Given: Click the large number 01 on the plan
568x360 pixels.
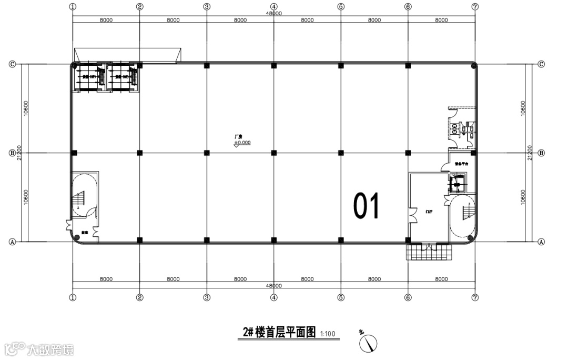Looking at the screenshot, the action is tap(367, 206).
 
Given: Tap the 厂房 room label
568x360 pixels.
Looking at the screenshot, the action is tap(238, 137).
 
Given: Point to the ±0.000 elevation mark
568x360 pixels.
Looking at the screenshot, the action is tap(243, 143).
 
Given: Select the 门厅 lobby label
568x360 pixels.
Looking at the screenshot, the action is tap(429, 212).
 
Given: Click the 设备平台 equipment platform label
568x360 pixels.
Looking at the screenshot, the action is tap(461, 164).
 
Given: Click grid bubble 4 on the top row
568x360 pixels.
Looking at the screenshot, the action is tap(274, 7).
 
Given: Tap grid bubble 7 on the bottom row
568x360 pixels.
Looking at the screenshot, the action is tap(475, 297).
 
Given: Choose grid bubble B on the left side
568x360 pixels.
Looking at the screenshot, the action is tap(12, 153).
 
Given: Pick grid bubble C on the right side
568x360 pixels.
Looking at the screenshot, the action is tap(541, 64).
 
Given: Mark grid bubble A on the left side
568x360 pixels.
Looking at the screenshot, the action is tap(12, 242).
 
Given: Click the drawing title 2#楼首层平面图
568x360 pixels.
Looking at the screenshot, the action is tap(279, 332).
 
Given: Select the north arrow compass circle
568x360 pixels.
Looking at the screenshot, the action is tap(368, 344).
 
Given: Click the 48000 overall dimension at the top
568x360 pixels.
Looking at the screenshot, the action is tap(274, 14).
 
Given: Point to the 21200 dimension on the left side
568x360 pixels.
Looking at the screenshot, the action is tap(19, 153).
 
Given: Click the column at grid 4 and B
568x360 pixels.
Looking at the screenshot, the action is tap(274, 153).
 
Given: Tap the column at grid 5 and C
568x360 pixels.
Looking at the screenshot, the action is tap(341, 66).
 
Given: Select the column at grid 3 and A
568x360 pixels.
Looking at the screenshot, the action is tap(207, 240).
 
